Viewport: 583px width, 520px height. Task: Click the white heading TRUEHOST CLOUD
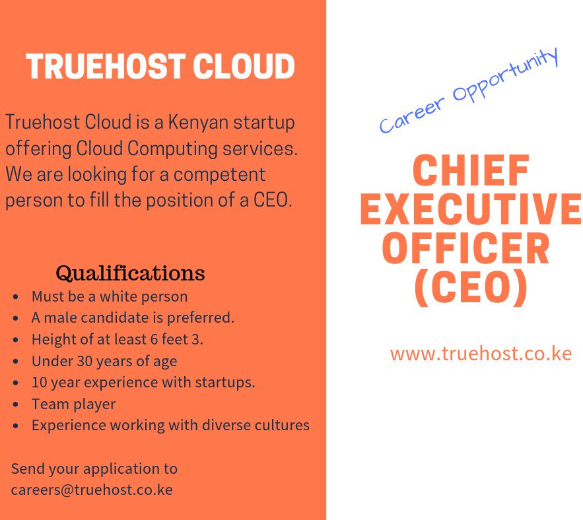tap(160, 67)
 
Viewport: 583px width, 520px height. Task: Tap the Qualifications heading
tap(130, 273)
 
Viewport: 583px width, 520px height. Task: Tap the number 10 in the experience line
tap(39, 382)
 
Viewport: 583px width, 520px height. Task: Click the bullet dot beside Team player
tap(15, 405)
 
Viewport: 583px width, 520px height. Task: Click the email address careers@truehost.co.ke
tap(92, 490)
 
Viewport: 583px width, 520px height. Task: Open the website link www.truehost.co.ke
tap(481, 354)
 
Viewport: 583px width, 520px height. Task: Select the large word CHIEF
tap(471, 172)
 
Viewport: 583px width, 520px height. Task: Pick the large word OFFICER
tap(466, 249)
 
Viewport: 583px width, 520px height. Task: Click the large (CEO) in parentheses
tap(471, 288)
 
